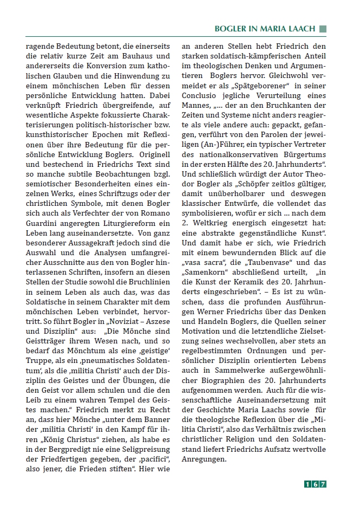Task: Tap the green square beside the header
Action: coord(323,28)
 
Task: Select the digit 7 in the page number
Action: coord(323,484)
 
